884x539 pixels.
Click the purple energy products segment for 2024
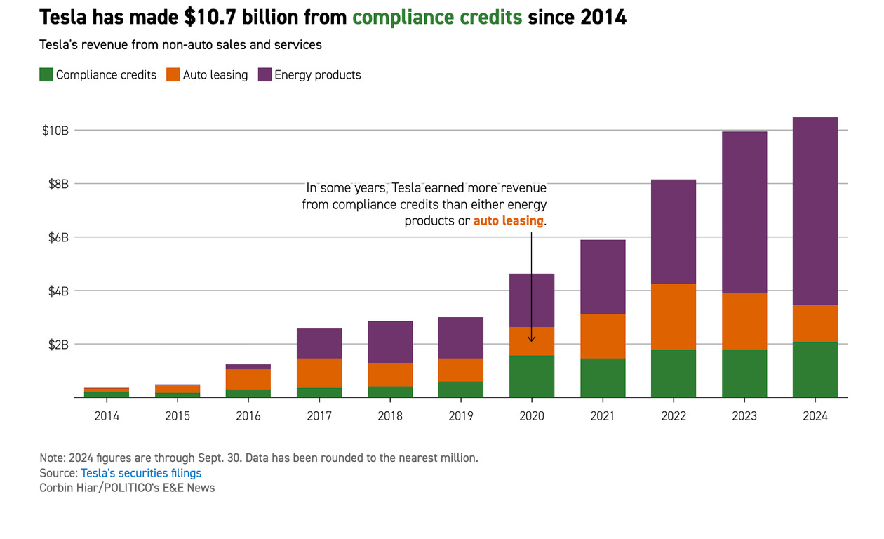point(815,211)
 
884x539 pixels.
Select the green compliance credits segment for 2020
point(532,376)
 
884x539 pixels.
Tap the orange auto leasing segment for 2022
point(674,317)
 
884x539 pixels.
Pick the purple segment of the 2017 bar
point(319,343)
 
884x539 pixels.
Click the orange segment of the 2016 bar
point(248,379)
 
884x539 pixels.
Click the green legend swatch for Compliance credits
point(46,75)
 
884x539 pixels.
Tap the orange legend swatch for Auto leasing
point(173,75)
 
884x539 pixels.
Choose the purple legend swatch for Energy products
point(264,75)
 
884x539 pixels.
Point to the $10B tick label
point(55,131)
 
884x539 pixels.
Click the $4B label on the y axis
point(58,291)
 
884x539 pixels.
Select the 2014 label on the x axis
point(107,416)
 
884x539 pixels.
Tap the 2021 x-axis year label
point(603,416)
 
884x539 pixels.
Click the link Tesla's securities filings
point(141,473)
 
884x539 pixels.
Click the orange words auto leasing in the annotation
point(508,220)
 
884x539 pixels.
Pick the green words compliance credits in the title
point(437,17)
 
